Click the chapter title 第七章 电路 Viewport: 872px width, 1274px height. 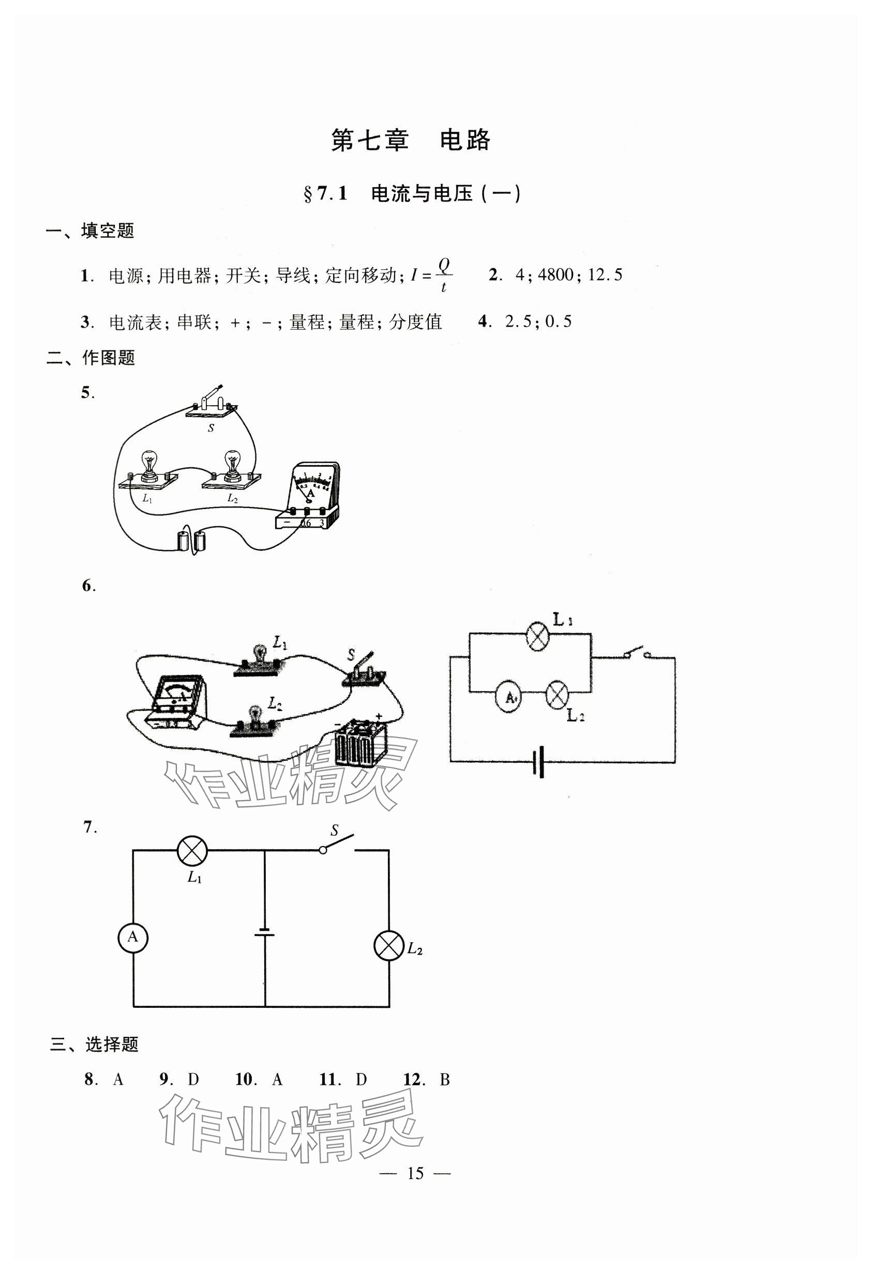[x=411, y=141]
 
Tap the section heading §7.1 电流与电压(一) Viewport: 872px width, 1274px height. [x=412, y=194]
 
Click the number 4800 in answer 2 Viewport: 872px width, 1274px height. [x=555, y=274]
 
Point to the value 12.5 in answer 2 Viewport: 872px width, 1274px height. [x=605, y=274]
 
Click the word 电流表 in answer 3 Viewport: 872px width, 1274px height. [x=135, y=323]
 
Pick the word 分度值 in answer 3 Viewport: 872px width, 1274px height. [x=415, y=323]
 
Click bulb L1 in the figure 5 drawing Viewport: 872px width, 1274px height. [x=147, y=469]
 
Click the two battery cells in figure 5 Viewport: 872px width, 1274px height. [x=192, y=541]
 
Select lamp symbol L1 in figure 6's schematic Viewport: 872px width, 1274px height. [x=538, y=636]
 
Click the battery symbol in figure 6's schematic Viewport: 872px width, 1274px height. [x=538, y=761]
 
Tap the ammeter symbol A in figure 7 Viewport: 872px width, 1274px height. [x=133, y=938]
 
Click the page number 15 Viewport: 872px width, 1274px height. [x=415, y=1173]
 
